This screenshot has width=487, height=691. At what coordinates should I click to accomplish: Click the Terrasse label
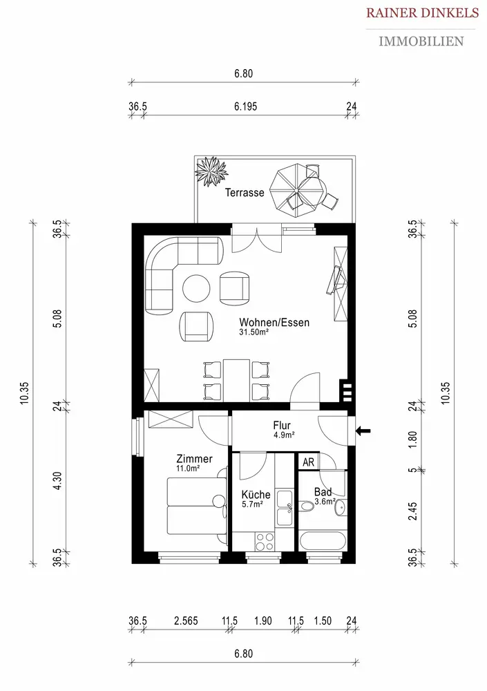click(x=245, y=193)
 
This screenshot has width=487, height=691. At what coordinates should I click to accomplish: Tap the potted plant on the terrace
click(x=211, y=171)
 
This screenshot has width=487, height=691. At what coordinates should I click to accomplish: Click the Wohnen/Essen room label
click(x=274, y=322)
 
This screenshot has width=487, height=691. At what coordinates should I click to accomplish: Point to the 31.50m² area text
click(x=254, y=332)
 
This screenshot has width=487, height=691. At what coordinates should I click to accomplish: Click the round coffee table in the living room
click(x=197, y=288)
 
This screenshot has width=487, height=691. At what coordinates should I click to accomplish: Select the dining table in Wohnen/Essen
click(x=237, y=380)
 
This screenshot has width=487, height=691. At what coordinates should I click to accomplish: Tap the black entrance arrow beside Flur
click(x=363, y=430)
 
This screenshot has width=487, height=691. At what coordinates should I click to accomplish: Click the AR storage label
click(x=309, y=462)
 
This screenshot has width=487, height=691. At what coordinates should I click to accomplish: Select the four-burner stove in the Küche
click(x=265, y=542)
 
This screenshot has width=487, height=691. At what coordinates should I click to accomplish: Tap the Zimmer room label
click(x=194, y=459)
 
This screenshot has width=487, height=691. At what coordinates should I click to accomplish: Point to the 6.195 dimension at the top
click(x=245, y=106)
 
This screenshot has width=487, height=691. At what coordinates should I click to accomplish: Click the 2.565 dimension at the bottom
click(x=186, y=621)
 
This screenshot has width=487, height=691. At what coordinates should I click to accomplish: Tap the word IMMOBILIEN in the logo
click(x=421, y=41)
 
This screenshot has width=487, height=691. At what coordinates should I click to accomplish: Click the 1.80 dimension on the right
click(x=412, y=439)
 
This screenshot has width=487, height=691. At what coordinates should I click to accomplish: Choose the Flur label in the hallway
click(x=282, y=425)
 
